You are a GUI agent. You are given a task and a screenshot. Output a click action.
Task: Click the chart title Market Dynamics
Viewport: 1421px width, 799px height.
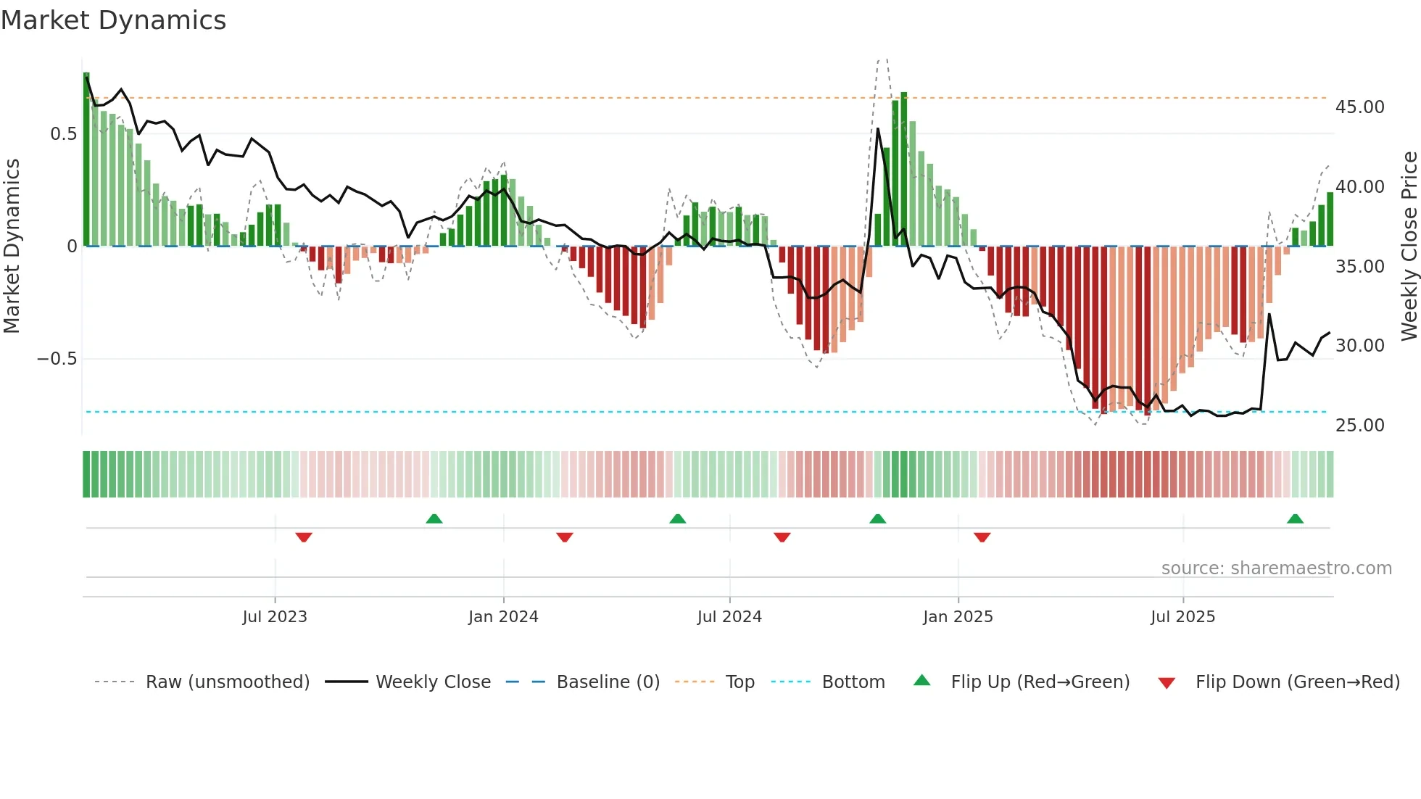click(113, 20)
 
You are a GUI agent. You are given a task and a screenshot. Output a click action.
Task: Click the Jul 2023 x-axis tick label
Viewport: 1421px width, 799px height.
click(275, 617)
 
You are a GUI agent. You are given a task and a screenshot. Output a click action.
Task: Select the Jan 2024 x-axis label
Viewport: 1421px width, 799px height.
click(503, 617)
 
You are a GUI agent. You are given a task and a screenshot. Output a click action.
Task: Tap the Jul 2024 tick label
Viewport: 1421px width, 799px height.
click(729, 617)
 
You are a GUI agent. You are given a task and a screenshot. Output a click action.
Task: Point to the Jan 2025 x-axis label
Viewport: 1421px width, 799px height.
click(958, 617)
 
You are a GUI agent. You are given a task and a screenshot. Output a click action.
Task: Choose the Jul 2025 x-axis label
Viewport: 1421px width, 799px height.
click(1182, 617)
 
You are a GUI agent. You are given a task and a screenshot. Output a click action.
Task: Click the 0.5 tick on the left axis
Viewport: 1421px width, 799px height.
click(63, 134)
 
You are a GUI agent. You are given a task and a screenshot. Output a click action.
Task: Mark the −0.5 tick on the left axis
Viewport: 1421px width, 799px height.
click(57, 359)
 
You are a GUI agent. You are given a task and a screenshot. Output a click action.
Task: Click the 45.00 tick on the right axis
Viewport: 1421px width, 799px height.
click(1359, 107)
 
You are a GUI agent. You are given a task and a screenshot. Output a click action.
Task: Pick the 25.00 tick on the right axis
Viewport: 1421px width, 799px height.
click(1359, 426)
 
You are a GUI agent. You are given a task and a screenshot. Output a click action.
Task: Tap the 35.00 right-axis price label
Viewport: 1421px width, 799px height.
click(1359, 267)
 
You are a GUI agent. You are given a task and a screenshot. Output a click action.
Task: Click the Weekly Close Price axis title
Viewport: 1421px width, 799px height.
click(1409, 246)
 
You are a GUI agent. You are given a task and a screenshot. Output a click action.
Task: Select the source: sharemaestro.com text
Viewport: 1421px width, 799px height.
click(1276, 568)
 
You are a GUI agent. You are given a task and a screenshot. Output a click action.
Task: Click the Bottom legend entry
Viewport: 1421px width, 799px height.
click(853, 682)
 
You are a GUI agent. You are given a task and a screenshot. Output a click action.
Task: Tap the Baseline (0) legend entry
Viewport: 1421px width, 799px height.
click(608, 682)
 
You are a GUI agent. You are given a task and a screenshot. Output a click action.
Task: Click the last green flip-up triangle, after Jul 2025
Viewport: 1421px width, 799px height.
click(1295, 518)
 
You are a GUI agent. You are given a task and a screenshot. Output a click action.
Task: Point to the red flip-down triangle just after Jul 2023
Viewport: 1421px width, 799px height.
click(304, 537)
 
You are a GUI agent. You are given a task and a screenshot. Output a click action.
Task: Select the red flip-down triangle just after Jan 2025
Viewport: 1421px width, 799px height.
click(982, 537)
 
